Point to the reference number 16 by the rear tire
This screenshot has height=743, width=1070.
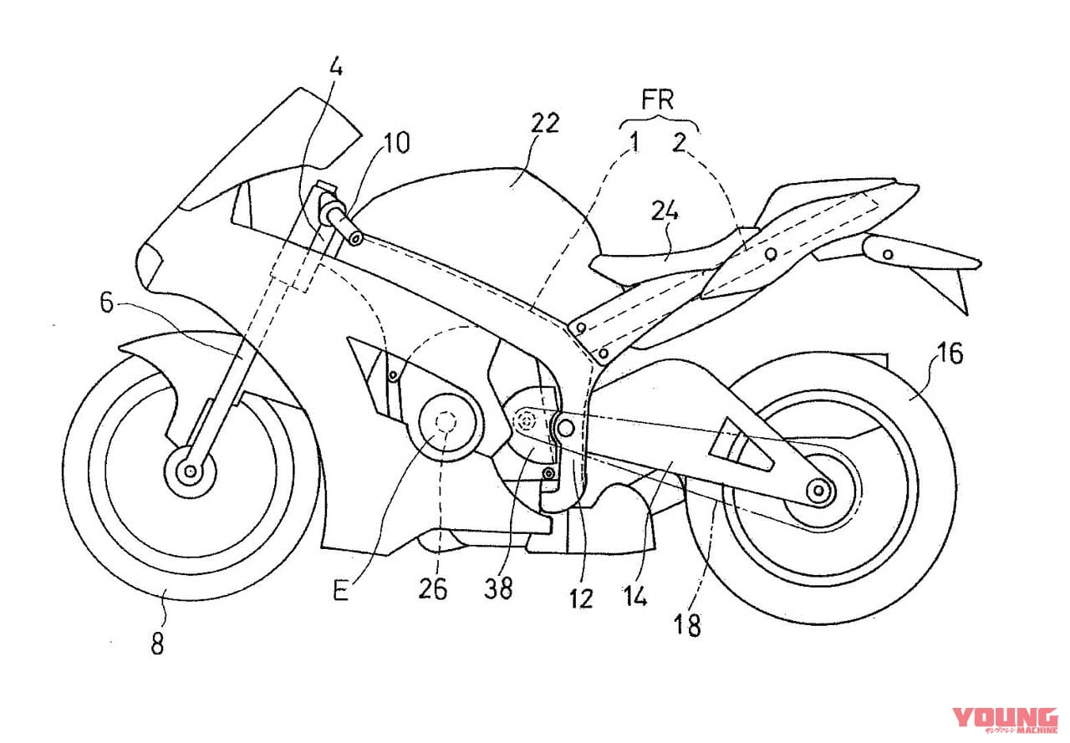[950, 354]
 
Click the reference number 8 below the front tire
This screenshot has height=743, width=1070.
[158, 644]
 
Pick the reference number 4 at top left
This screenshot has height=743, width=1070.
[336, 68]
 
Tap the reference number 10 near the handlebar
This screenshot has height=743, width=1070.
[396, 143]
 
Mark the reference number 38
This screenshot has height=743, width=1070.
[497, 588]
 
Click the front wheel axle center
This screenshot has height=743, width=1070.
[191, 472]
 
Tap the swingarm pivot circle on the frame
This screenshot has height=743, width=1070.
[566, 427]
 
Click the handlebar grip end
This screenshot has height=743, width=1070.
[357, 240]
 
